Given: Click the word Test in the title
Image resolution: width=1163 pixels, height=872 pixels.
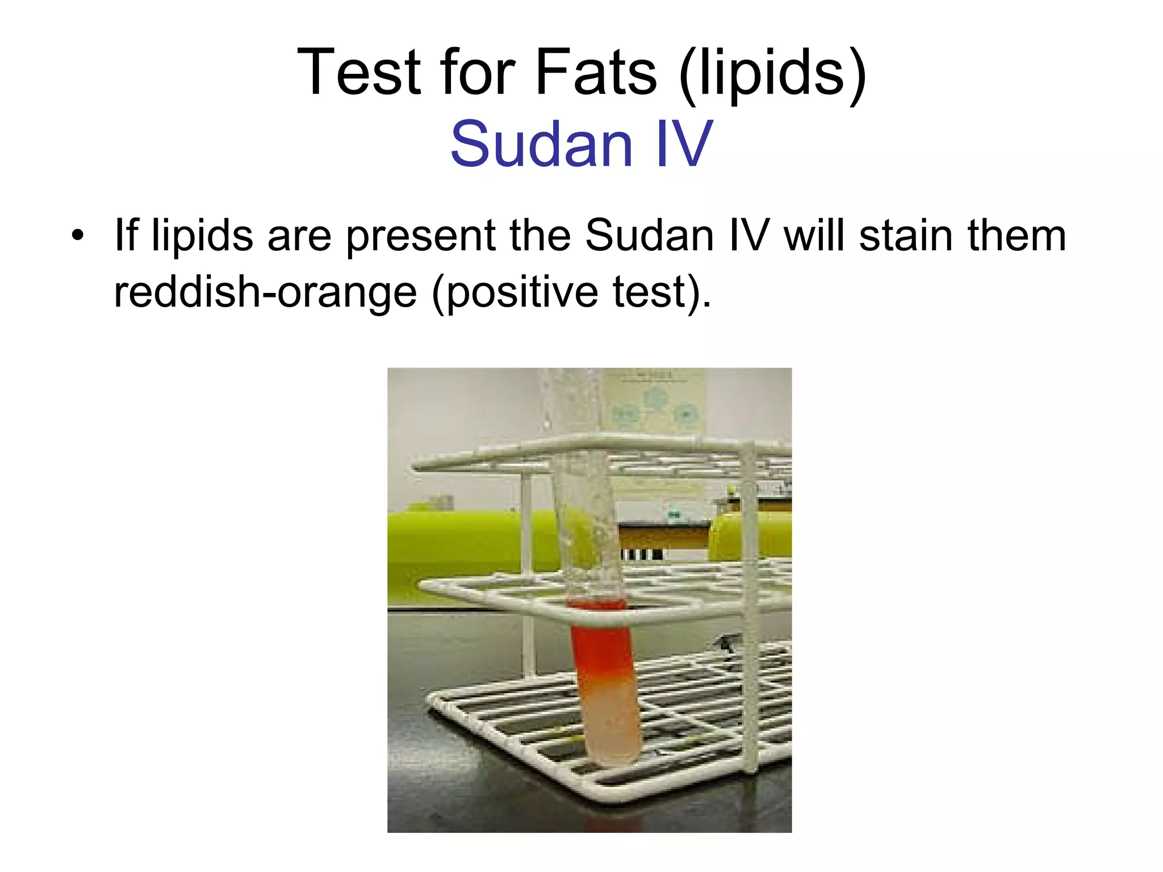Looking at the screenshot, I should coord(359,72).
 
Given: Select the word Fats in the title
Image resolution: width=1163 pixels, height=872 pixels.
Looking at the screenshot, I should coord(596,72).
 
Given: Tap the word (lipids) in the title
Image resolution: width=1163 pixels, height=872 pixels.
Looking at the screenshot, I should coord(772,74).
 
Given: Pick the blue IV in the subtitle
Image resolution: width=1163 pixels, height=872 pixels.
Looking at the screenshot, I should coord(684,144).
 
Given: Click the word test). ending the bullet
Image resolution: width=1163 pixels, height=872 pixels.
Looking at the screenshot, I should coord(662,292).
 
